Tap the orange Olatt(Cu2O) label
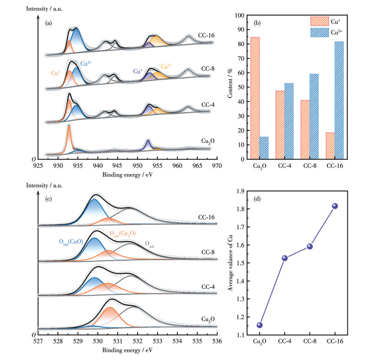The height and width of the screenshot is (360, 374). (122, 234)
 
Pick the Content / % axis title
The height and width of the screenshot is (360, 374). (229, 87)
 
